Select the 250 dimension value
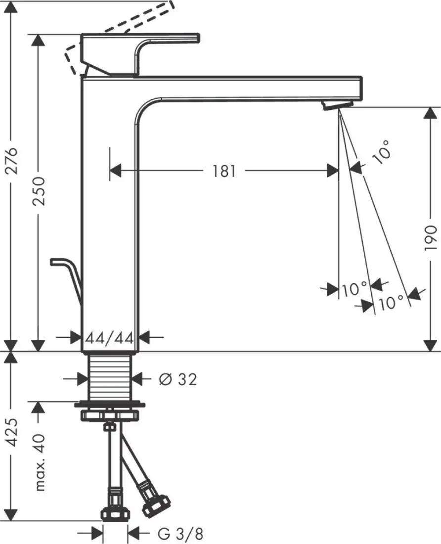pyautogui.click(x=40, y=191)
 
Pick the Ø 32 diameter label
pyautogui.click(x=178, y=379)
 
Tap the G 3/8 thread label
pyautogui.click(x=180, y=534)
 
